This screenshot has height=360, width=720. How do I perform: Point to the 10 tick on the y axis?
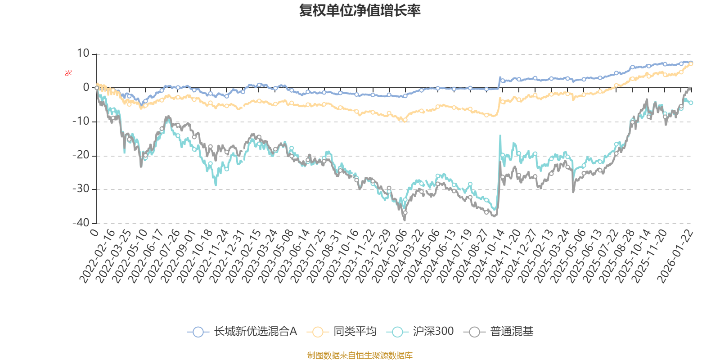[83, 54]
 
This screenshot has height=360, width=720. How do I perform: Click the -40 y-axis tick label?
[81, 223]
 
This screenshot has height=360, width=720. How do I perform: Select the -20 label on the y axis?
[81, 155]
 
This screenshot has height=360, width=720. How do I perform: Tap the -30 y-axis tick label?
[81, 189]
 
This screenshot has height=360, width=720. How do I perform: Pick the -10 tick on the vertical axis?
[81, 121]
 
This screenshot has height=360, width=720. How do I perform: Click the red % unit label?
[68, 72]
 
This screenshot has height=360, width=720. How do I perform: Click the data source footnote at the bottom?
[360, 355]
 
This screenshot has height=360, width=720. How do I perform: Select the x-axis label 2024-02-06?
[390, 256]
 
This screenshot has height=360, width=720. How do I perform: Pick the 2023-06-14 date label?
[292, 256]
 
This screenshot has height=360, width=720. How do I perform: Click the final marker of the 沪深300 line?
[691, 103]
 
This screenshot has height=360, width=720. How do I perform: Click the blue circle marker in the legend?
[198, 332]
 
